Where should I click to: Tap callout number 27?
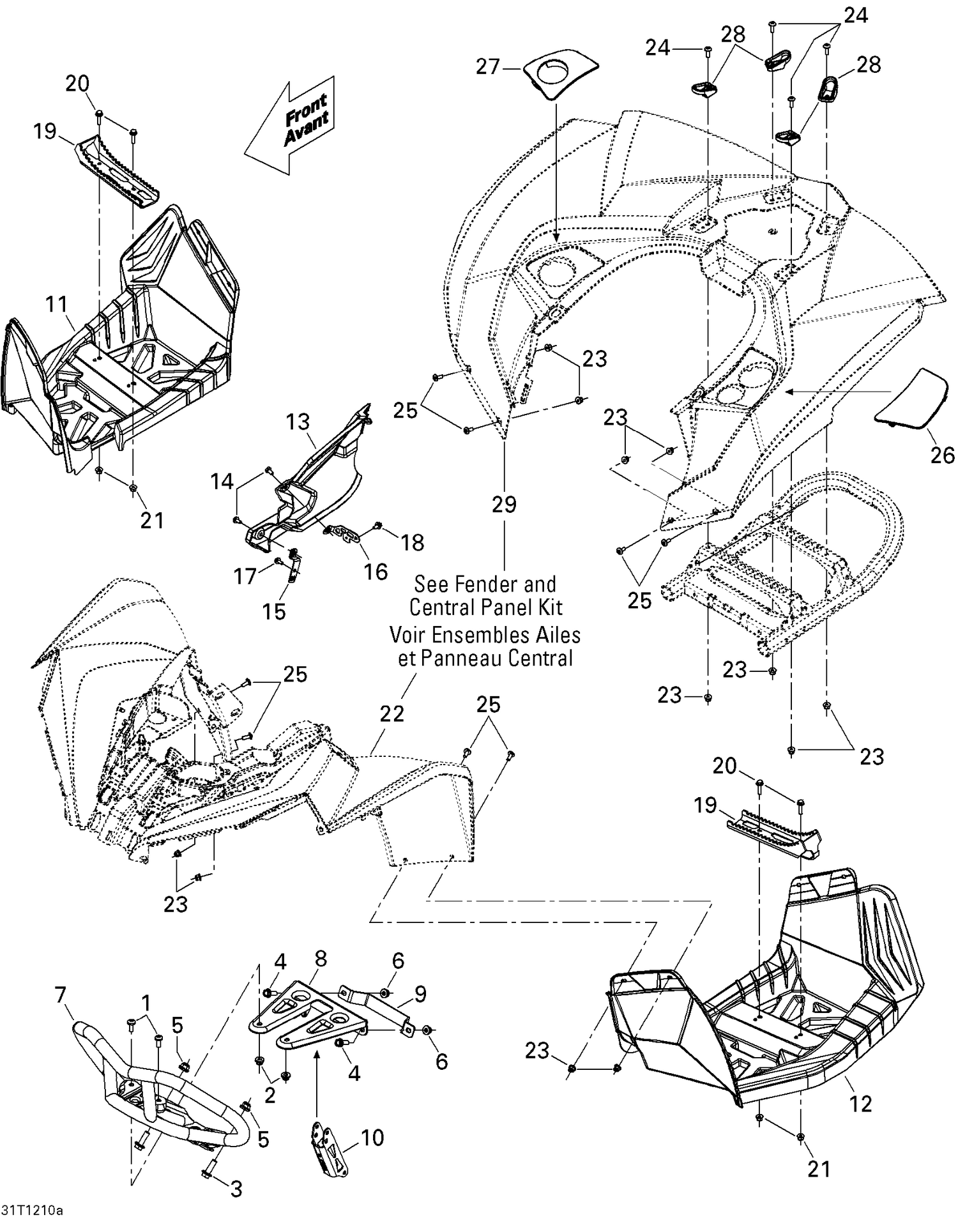[x=488, y=66]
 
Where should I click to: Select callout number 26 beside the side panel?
[x=942, y=455]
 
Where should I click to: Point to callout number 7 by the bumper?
[x=61, y=995]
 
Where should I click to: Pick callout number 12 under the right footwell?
[x=860, y=1103]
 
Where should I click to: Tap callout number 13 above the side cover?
[x=298, y=422]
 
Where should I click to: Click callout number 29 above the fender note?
[x=504, y=505]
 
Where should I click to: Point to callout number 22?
[x=392, y=713]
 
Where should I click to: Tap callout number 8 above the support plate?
[x=321, y=959]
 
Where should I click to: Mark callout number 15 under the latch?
[x=274, y=611]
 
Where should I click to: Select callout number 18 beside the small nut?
[x=413, y=542]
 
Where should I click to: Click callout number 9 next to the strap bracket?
[x=420, y=994]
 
